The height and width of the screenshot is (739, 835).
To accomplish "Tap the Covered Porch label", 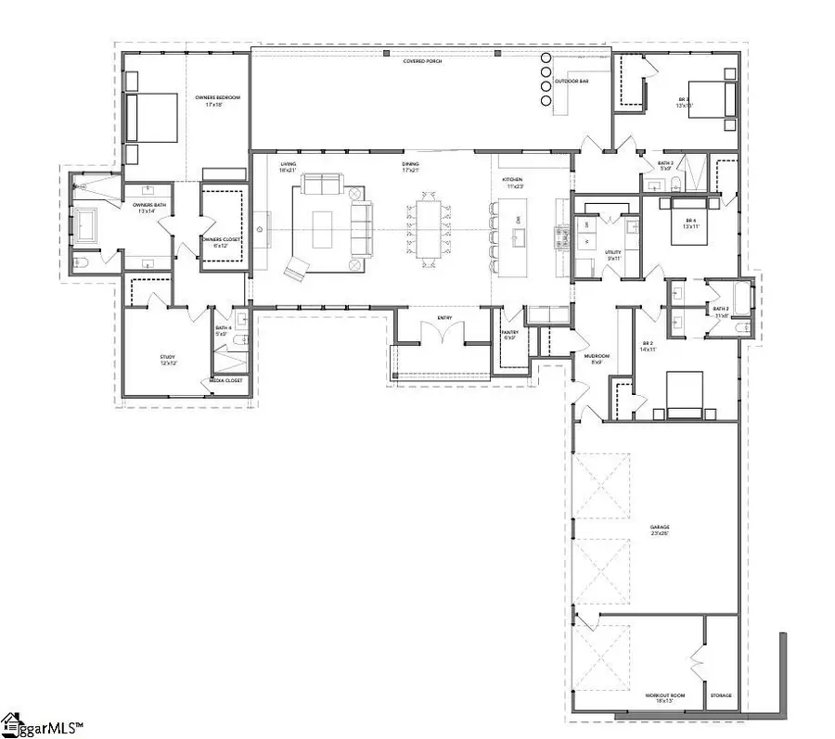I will coord(422,62).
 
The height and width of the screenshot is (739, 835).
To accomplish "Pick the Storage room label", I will coord(721,695).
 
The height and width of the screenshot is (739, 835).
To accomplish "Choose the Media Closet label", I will coord(225,380).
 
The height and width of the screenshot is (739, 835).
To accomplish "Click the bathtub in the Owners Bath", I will coord(87,225).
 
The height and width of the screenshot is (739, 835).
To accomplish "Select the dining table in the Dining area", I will coord(428,228).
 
